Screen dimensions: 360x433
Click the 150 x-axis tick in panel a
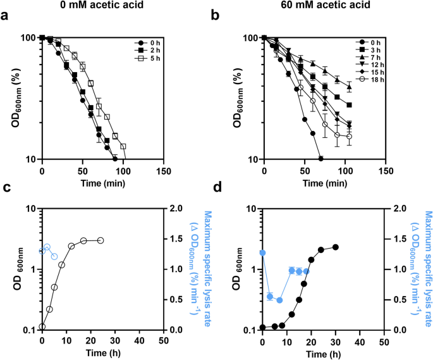164,170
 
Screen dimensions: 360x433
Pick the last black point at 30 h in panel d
336,247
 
